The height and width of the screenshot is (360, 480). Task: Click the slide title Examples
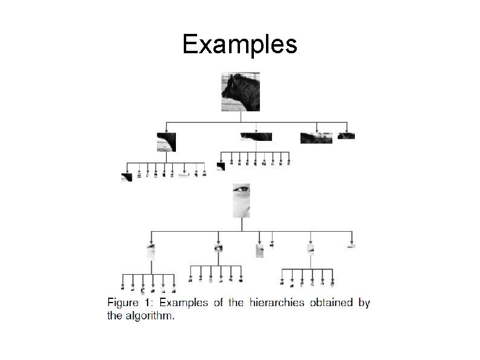(x=239, y=44)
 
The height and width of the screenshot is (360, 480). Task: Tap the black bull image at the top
(x=241, y=91)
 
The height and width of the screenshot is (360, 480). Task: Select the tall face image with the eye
(x=241, y=201)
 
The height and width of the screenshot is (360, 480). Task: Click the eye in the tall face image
(x=242, y=190)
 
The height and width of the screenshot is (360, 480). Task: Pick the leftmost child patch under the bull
(x=166, y=142)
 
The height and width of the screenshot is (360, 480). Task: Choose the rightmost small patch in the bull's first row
(x=346, y=136)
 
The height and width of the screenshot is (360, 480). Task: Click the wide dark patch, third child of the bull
(x=316, y=138)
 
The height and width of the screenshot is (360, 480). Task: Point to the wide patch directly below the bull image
(x=256, y=137)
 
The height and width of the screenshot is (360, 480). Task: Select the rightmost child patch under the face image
(x=351, y=246)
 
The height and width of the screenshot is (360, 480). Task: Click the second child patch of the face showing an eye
(x=218, y=248)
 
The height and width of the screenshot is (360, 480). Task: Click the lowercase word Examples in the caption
(x=184, y=303)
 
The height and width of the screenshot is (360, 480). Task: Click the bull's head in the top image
(x=230, y=90)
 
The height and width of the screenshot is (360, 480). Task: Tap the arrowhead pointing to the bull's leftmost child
(x=166, y=129)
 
